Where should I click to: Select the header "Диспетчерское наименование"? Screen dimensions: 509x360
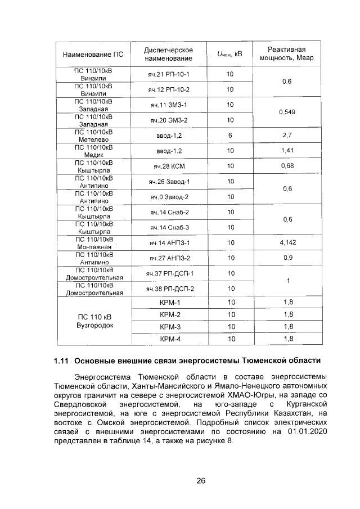click(x=168, y=54)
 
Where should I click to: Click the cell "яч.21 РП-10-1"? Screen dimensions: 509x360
click(x=169, y=75)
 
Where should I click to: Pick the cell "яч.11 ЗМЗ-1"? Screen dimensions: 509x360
click(x=169, y=105)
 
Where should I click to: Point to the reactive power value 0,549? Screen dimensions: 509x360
click(x=287, y=112)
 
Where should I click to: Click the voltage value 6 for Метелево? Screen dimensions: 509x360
click(x=230, y=136)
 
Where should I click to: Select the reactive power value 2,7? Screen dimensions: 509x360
click(x=287, y=136)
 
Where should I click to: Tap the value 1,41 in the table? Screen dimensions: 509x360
click(x=287, y=151)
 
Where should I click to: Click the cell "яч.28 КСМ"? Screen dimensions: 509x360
click(x=169, y=166)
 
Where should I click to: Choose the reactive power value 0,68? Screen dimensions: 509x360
click(x=287, y=166)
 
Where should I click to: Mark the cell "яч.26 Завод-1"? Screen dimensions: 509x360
click(x=169, y=181)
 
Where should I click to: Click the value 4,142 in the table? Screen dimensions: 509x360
click(x=287, y=242)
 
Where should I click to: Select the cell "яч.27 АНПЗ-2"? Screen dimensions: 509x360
click(x=169, y=258)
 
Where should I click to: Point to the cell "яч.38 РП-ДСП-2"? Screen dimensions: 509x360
click(x=169, y=289)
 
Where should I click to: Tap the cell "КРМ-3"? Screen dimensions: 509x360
click(x=169, y=326)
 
